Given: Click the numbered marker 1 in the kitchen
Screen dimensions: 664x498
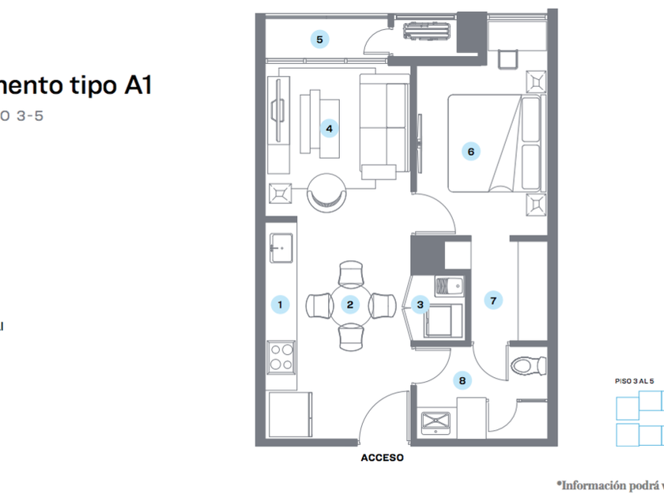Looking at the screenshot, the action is tap(279, 304).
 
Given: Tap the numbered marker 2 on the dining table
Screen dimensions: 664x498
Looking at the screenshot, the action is tap(349, 304).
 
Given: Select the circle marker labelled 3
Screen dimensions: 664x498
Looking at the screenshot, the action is tap(420, 304).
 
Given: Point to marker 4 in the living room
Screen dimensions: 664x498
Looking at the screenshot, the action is tap(329, 127).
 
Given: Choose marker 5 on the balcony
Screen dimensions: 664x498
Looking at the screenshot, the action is tap(319, 39).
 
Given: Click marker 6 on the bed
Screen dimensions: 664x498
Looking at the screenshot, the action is tap(470, 151).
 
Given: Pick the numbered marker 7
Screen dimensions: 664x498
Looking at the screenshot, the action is tap(493, 300).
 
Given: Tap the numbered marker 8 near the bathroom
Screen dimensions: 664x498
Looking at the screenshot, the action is tap(462, 381).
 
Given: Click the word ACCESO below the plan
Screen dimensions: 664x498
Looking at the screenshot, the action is tap(382, 458).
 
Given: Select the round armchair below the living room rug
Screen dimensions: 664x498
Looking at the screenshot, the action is tap(326, 191).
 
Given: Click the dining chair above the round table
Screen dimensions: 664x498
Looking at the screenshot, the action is tap(350, 274).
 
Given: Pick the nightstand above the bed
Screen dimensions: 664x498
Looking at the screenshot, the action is tap(537, 81).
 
